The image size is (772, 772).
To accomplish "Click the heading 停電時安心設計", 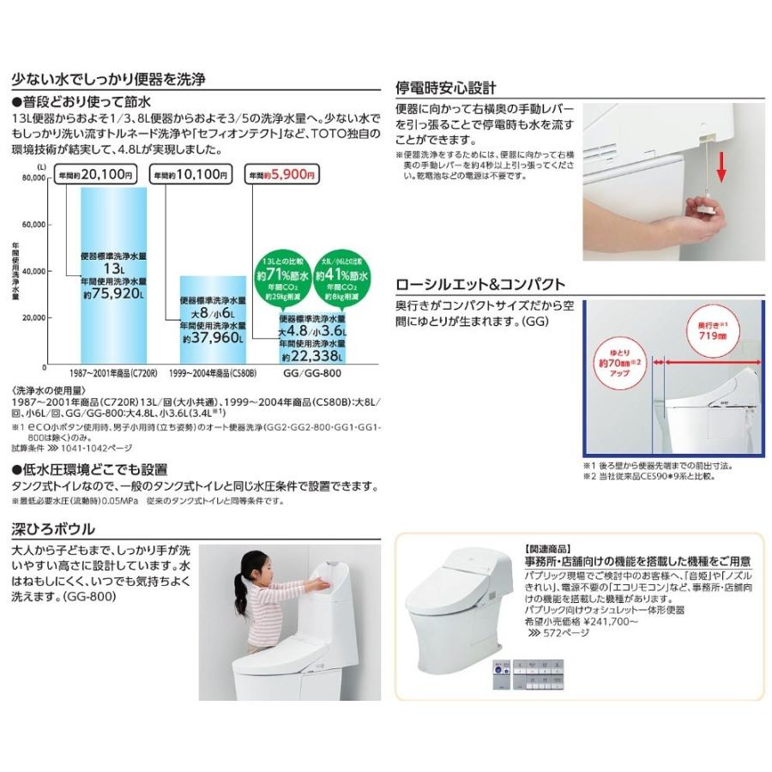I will tap(445, 87).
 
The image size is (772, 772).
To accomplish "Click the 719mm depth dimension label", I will tap(708, 330).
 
